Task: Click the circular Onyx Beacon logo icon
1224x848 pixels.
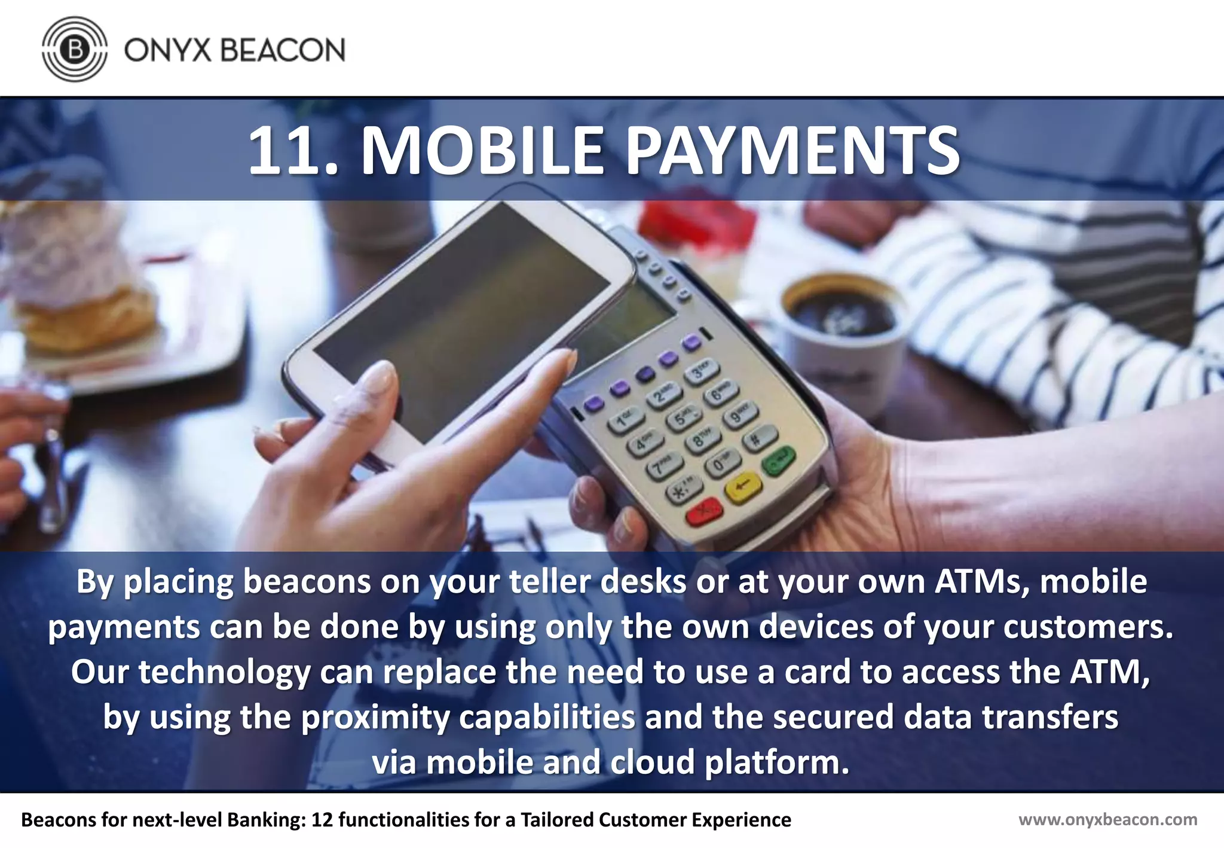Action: [x=75, y=49]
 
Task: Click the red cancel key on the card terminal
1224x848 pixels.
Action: [x=704, y=513]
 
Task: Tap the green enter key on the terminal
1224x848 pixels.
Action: [x=778, y=461]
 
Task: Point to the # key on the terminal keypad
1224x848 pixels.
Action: [x=759, y=438]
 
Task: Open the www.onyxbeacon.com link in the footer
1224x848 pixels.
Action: [x=1107, y=819]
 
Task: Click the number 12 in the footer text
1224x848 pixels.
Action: [x=322, y=819]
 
